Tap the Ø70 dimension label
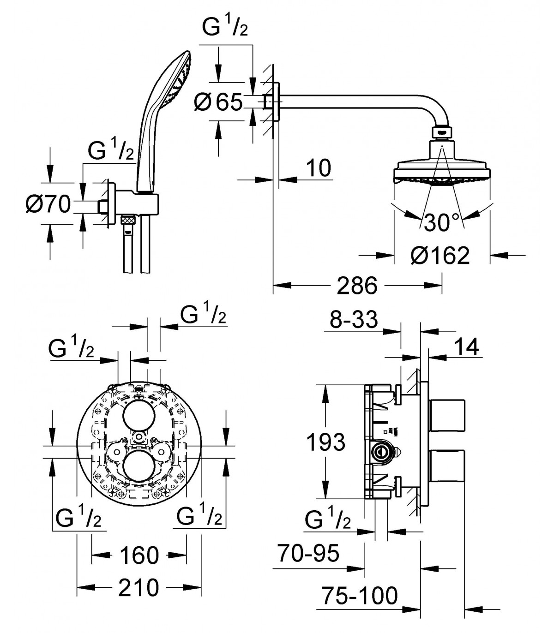(48, 204)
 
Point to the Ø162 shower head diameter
(440, 256)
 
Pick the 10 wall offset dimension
(319, 167)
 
